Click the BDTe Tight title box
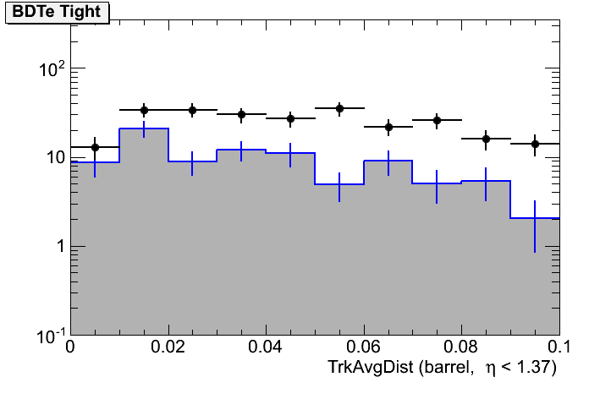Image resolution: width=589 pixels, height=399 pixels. [57, 12]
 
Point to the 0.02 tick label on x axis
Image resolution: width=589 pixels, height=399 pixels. [168, 347]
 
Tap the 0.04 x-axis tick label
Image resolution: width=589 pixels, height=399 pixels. [266, 347]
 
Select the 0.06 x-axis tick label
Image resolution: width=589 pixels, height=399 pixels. [364, 347]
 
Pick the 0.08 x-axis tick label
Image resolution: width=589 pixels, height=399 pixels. [461, 347]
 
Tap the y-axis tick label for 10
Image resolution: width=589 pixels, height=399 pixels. [54, 158]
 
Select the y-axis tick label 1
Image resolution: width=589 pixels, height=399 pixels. [58, 247]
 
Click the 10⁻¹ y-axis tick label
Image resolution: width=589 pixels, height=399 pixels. [50, 336]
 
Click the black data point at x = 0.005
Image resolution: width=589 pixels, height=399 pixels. [95, 147]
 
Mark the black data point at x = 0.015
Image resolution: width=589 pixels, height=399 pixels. [144, 110]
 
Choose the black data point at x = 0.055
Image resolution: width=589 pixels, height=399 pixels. [339, 108]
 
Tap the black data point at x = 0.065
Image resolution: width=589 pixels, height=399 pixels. [388, 128]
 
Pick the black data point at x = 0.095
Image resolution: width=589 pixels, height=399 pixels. [535, 144]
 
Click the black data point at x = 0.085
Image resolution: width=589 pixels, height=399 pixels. [486, 139]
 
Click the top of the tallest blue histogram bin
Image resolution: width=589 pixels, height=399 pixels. [144, 128]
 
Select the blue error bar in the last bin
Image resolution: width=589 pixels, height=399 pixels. [535, 226]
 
